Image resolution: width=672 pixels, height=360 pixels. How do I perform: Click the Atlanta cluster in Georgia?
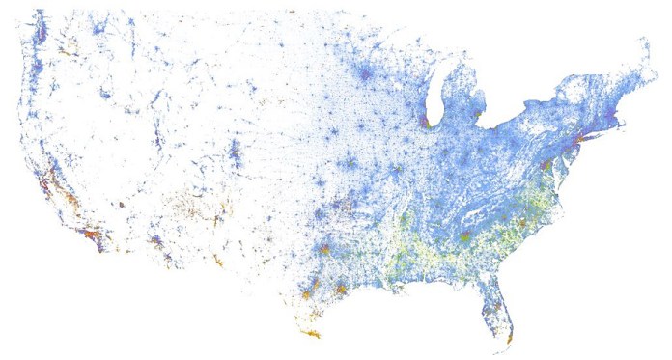click(x=465, y=236)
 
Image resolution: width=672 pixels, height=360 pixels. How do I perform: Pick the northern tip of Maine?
click(x=643, y=41)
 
